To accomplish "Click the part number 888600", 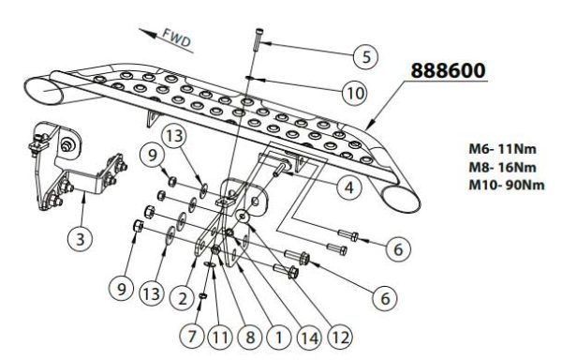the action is coord(448,70).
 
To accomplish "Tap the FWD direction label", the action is coord(177,38).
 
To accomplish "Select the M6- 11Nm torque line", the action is coord(502,148).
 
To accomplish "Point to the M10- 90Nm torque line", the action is coord(507,185).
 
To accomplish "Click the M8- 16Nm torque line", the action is coord(502,167).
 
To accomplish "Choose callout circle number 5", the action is coord(365,57).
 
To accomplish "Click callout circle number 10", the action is coord(355,94).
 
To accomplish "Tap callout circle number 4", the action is coord(349,187).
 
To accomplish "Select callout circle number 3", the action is coord(81,239).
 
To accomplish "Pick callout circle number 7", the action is coord(192,337).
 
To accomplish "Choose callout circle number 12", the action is coord(340,337).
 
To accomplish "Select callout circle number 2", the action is coord(184,298).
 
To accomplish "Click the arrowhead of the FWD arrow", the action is coord(148,33).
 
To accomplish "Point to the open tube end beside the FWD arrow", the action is coord(43,91).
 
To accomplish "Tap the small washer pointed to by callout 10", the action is coord(250,78).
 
